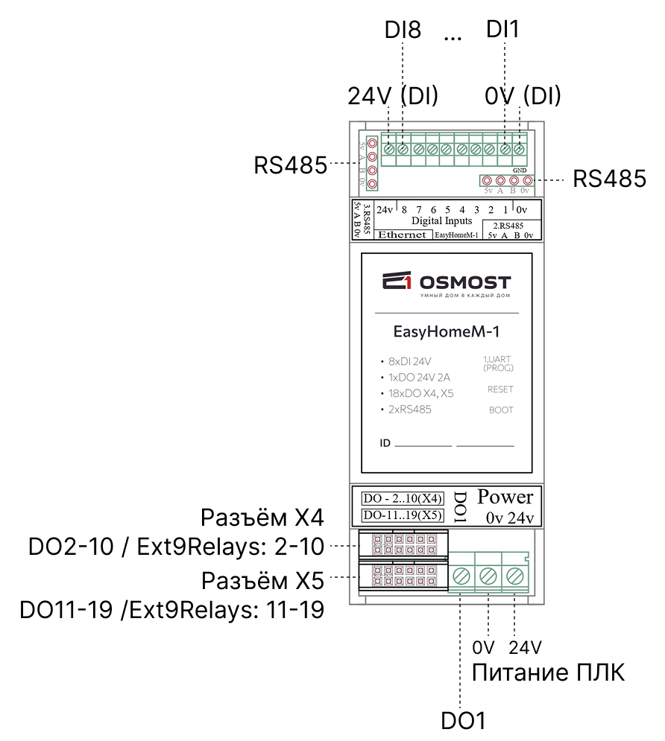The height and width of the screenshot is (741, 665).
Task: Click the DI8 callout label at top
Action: (x=403, y=31)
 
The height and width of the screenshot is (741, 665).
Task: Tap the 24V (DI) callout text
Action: (x=392, y=96)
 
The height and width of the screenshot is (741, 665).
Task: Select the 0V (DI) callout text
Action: (x=522, y=96)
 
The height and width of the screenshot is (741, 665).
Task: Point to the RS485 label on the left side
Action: (x=291, y=165)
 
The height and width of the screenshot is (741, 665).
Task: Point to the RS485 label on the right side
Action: (x=609, y=179)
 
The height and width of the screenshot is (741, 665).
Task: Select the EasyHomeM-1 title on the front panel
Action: (x=446, y=330)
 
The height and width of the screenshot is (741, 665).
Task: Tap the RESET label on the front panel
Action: (x=500, y=389)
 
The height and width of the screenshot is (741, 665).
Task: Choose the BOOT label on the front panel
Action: (x=501, y=410)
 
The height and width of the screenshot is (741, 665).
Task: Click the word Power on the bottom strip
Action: (x=505, y=497)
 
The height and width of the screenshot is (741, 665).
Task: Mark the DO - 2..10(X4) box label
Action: (x=403, y=498)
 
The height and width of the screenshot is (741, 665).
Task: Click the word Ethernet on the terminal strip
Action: (x=403, y=235)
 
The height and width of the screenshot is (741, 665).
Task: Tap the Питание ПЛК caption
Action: (x=548, y=673)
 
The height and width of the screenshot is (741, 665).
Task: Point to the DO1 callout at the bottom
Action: (x=463, y=721)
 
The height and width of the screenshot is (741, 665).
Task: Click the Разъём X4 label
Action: (x=262, y=518)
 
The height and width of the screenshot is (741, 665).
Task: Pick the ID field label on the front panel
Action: (x=385, y=444)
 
